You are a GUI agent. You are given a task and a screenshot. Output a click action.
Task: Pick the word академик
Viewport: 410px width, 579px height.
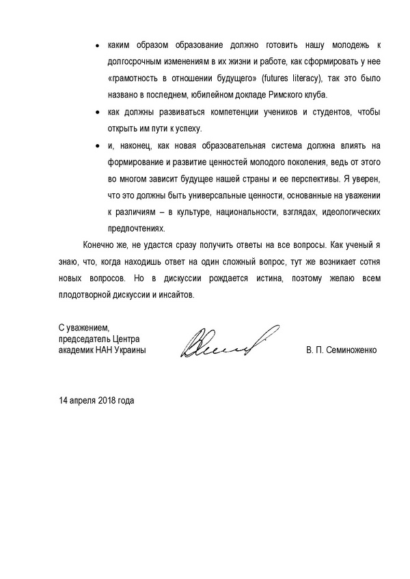click(77, 350)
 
